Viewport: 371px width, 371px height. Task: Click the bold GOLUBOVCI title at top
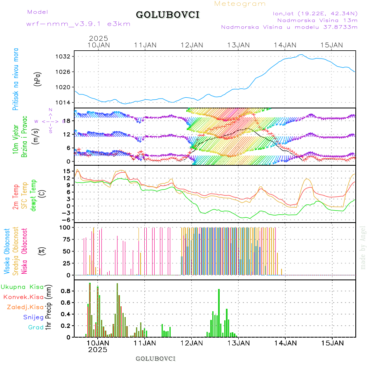(167, 15)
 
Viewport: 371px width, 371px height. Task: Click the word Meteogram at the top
(240, 4)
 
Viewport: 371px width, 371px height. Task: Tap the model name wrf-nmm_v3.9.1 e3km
(78, 23)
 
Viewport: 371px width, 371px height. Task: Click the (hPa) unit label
(38, 78)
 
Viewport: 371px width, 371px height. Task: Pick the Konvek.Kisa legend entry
(23, 297)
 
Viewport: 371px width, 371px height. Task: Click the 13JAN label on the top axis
(239, 45)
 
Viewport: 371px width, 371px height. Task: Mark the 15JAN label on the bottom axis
(332, 343)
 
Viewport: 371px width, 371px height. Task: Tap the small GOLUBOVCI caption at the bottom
(155, 358)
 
